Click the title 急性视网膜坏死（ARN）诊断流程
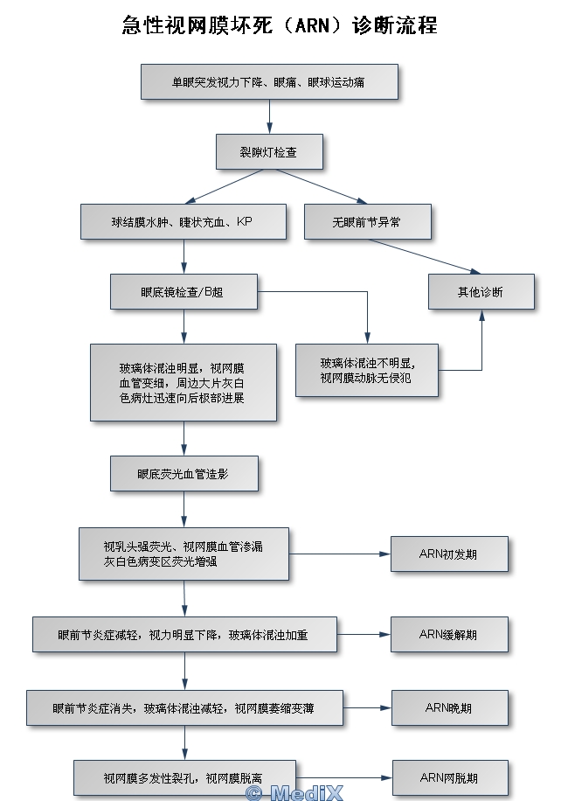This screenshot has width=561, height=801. pos(280,24)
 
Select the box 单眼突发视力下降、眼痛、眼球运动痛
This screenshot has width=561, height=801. pos(269,81)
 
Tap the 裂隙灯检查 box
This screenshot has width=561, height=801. pos(269,151)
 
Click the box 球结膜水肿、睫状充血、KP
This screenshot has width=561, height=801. pos(184,221)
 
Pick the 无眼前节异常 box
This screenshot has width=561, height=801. pos(367,221)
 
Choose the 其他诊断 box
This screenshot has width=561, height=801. pos(481,291)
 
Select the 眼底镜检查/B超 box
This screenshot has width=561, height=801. pos(184,291)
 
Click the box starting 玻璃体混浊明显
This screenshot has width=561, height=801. pos(184,382)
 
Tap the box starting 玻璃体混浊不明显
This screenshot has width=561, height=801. pos(367,370)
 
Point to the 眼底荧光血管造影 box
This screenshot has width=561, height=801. pos(184,473)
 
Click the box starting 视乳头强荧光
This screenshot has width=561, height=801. pos(184,554)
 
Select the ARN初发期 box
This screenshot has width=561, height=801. pos(449,554)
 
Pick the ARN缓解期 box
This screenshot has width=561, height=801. pos(449,634)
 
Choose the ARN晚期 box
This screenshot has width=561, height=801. pos(449,707)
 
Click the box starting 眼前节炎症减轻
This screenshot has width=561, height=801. pos(184,634)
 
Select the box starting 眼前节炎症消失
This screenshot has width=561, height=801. pos(184,707)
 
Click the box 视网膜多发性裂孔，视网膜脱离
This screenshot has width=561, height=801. pos(184,777)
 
